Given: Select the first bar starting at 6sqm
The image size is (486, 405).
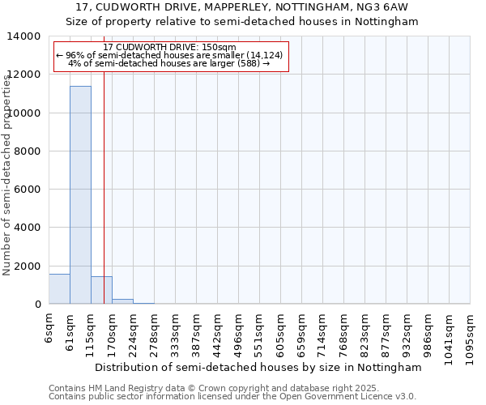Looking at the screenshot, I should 59,289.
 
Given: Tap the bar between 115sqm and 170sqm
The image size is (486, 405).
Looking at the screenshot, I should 101,290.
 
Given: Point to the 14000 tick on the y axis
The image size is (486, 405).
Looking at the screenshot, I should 25,36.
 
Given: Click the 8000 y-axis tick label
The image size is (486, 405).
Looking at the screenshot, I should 28,151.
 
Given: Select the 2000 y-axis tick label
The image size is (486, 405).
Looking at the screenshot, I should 28,266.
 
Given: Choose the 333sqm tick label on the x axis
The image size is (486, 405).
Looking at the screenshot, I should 175,330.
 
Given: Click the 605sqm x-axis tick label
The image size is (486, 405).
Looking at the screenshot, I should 280,330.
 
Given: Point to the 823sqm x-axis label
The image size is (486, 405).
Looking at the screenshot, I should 364,330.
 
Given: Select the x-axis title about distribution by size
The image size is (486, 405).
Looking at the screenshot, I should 258,367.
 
